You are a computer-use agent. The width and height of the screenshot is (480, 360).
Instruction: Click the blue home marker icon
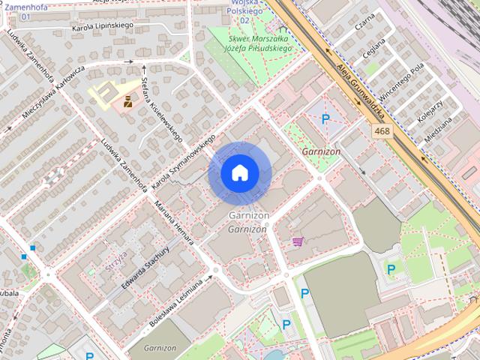(x=239, y=173)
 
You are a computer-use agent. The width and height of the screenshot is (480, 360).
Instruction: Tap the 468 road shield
(x=382, y=131)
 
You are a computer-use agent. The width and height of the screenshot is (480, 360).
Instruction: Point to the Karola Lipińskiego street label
(x=102, y=25)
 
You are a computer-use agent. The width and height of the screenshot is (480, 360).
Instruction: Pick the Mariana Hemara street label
(x=174, y=222)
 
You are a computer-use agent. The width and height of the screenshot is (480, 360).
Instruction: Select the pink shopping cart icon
(x=298, y=241)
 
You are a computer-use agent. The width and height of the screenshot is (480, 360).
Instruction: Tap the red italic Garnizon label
(x=321, y=151)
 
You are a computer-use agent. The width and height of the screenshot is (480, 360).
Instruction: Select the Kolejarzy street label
(x=433, y=110)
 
